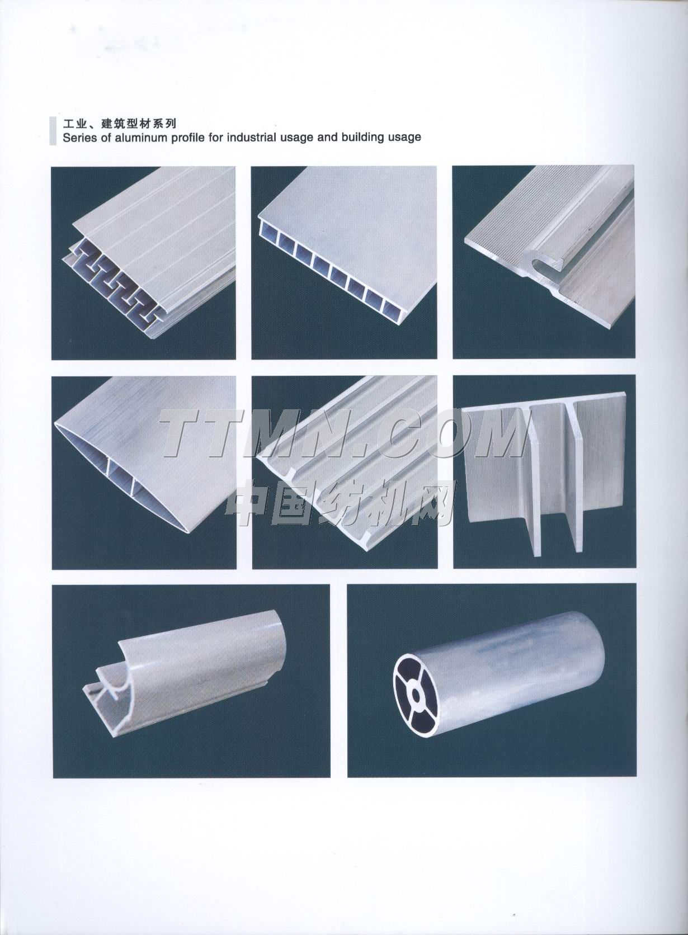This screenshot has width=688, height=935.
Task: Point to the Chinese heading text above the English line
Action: pyautogui.click(x=119, y=123)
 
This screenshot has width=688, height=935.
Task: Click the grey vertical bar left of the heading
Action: pyautogui.click(x=53, y=131)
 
